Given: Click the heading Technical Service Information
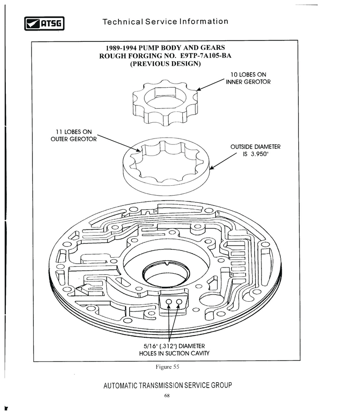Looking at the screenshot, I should [x=165, y=22].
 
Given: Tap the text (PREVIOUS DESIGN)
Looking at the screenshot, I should [x=165, y=64].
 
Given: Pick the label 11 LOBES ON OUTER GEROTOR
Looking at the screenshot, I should [x=71, y=135].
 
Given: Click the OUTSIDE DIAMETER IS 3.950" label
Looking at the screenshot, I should [x=255, y=151].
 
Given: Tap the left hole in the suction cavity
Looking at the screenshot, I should [x=169, y=302].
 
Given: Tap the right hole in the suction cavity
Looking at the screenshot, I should [x=179, y=302].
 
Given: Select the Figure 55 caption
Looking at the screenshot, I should [x=167, y=367].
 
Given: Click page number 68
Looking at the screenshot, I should [x=167, y=396].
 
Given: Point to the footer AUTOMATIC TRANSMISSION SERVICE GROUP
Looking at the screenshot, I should [x=167, y=386].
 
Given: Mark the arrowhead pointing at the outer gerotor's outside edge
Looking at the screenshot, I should [x=211, y=169].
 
